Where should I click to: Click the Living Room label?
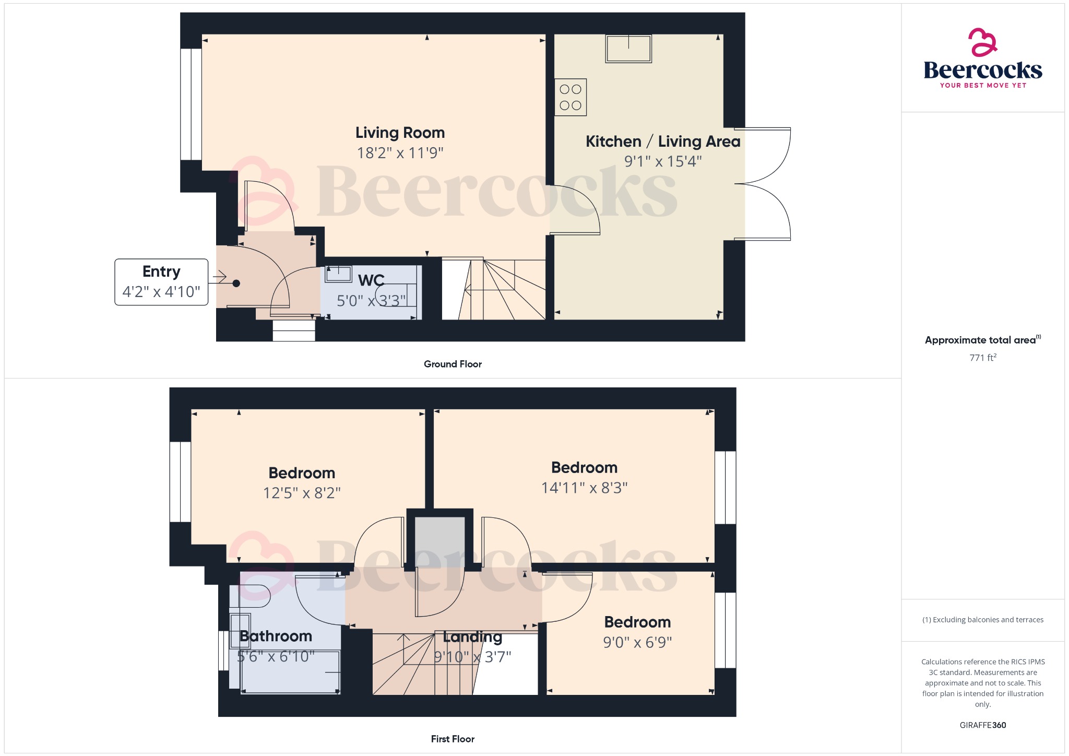(x=400, y=133)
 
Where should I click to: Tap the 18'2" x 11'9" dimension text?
(x=400, y=153)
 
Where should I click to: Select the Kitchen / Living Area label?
(x=663, y=141)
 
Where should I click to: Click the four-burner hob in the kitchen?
(x=571, y=97)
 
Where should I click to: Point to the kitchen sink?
(x=628, y=49)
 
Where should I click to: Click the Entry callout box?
(x=161, y=282)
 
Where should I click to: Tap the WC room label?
(x=371, y=280)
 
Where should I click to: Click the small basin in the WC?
(x=339, y=274)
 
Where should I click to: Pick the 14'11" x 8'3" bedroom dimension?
(x=584, y=488)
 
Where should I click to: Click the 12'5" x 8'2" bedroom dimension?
(x=302, y=493)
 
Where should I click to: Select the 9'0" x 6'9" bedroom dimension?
(x=637, y=642)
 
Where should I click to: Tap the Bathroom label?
(x=276, y=636)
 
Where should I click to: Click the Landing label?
(x=472, y=637)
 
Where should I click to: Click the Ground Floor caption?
(x=453, y=364)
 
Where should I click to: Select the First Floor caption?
(x=453, y=739)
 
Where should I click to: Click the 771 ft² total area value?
(x=983, y=358)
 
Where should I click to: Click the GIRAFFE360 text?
(x=983, y=725)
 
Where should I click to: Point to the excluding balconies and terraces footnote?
(x=983, y=620)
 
